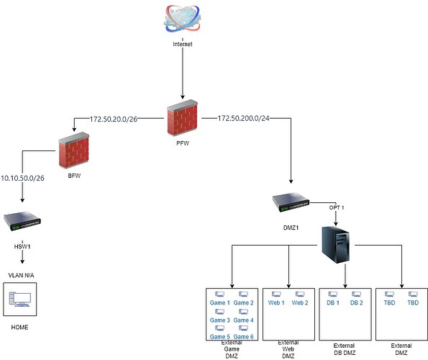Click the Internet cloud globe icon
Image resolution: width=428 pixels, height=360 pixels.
(182, 19)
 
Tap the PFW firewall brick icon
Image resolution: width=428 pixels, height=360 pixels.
(182, 118)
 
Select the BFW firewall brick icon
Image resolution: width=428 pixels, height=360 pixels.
(74, 150)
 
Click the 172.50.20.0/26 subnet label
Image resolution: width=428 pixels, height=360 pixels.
(114, 119)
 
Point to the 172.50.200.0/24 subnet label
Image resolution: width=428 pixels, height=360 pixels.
(243, 118)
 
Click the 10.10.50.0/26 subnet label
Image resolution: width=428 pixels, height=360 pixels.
(22, 178)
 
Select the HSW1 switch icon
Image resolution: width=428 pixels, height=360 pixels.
(22, 222)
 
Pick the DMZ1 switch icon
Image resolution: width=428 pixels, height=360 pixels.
(291, 202)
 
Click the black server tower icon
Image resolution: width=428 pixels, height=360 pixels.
(336, 245)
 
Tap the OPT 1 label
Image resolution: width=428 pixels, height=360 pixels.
(337, 207)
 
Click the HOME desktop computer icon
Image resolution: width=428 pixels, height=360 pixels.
(20, 300)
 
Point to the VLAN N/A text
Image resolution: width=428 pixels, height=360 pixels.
(22, 275)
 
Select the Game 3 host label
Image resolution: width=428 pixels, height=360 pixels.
(220, 320)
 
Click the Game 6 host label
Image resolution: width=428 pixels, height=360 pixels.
(243, 337)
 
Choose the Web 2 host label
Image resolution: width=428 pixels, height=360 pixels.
(300, 302)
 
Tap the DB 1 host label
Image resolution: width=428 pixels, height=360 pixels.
(333, 302)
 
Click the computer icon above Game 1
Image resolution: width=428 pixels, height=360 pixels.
(219, 294)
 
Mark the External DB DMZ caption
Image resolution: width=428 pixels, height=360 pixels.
(345, 349)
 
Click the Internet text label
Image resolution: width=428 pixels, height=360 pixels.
(183, 44)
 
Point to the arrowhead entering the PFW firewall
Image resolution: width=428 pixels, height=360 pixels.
(183, 96)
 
